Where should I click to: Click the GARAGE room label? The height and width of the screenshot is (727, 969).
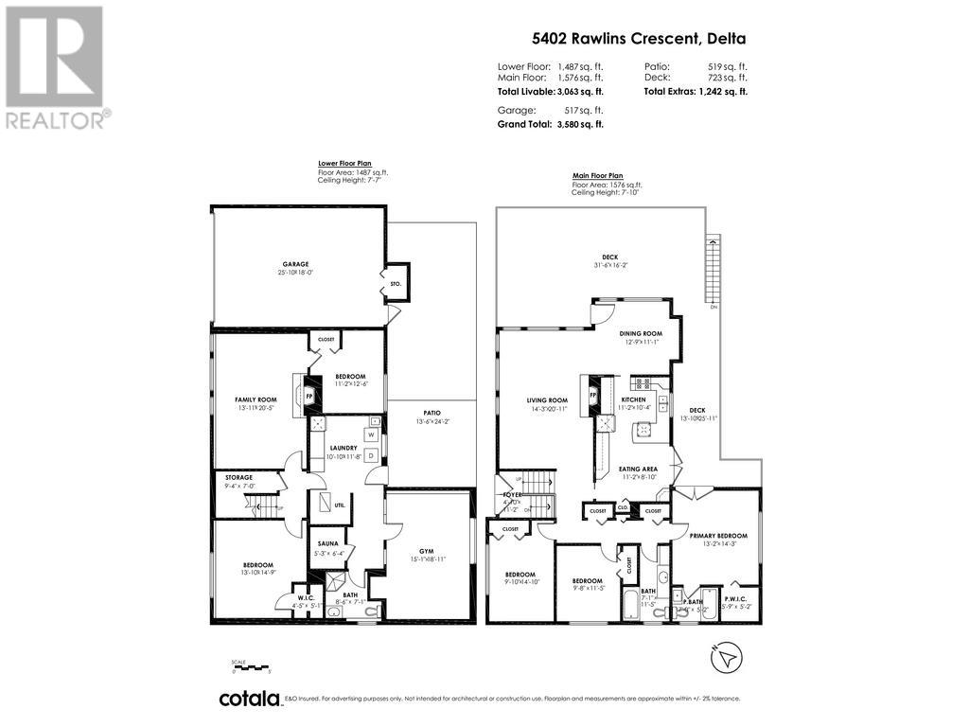tap(295, 264)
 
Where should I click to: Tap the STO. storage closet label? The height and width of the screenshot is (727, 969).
tap(396, 282)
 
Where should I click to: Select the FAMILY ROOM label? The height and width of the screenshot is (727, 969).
tap(255, 399)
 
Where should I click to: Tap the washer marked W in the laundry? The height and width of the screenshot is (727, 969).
tap(371, 435)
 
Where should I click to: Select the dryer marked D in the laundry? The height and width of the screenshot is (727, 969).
tap(371, 455)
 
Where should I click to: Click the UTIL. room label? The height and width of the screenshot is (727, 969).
tap(340, 505)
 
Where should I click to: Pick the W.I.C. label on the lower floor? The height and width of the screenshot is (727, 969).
tap(305, 595)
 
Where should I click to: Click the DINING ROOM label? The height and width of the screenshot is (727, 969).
tap(640, 333)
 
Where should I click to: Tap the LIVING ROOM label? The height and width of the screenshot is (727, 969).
tap(547, 399)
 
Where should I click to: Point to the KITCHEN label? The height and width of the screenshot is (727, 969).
tap(633, 399)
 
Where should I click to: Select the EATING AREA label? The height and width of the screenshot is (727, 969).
tap(639, 469)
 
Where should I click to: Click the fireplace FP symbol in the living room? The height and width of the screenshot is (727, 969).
tap(593, 394)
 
